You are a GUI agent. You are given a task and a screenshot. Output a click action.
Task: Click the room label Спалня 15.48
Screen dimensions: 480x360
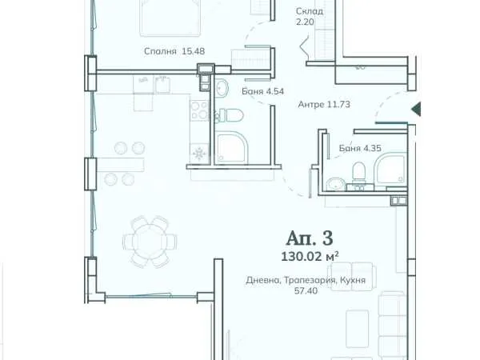click(174, 51)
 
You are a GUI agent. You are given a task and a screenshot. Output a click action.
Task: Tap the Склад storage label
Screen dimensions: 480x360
click(310, 11)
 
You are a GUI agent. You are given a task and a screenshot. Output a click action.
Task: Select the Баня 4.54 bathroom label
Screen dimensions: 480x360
click(262, 91)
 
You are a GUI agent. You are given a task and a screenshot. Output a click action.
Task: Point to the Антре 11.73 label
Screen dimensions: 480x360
click(324, 104)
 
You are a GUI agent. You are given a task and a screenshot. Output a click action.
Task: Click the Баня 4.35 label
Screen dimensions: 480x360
click(360, 148)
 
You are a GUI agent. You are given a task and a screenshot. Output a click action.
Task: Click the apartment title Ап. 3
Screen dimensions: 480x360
click(310, 238)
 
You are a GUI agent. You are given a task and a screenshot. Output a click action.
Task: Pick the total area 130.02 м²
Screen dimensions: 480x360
click(310, 257)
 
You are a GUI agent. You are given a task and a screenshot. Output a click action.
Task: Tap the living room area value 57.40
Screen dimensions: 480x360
click(306, 290)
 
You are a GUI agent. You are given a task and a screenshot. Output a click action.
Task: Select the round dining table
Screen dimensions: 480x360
click(150, 242)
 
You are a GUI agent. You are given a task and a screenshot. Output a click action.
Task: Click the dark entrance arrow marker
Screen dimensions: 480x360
click(416, 110)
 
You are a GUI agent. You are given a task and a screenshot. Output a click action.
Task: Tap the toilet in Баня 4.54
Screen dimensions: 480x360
click(232, 115)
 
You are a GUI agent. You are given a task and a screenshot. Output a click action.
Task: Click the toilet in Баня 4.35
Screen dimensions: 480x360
click(358, 172)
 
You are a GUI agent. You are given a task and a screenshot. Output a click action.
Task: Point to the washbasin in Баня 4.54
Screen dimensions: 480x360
click(222, 87)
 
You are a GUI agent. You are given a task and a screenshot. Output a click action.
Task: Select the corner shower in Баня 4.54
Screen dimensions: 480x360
click(231, 147)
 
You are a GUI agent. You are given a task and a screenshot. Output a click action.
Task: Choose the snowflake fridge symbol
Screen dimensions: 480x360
click(199, 154)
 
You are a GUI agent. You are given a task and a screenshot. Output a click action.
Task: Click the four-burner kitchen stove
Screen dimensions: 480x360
click(199, 110)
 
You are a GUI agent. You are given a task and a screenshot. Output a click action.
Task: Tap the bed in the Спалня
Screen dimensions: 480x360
click(170, 18)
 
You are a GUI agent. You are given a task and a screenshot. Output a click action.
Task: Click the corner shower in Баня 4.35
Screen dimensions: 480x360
click(390, 170)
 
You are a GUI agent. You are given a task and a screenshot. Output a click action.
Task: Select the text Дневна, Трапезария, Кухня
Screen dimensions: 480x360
click(306, 280)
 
